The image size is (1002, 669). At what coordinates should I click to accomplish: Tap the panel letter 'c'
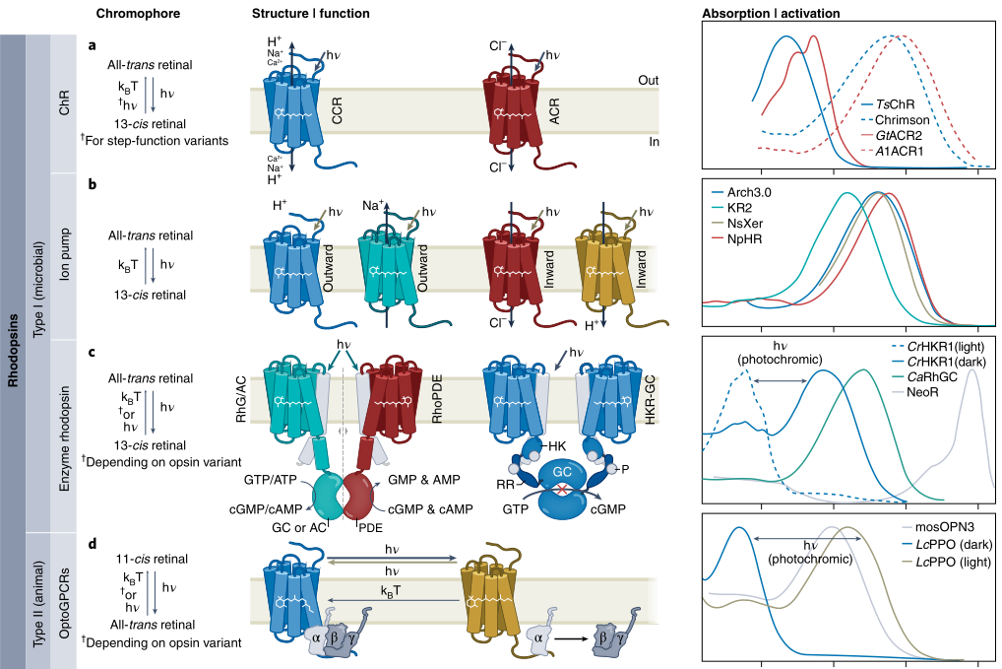pyautogui.click(x=92, y=353)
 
